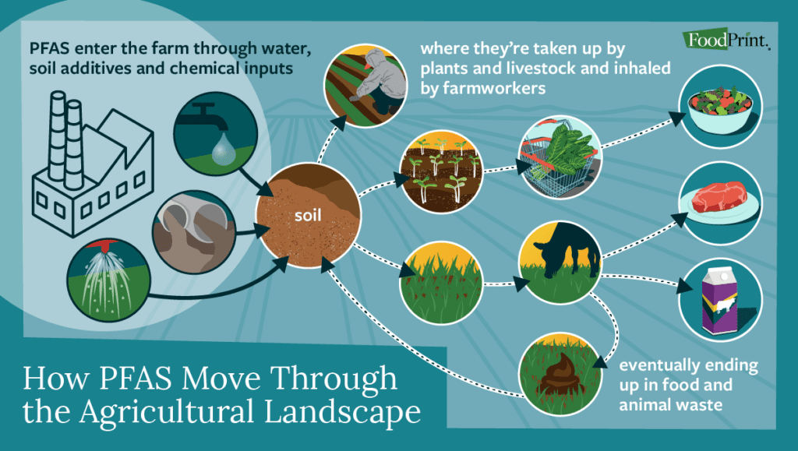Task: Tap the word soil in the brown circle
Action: point(308,212)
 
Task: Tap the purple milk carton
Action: point(714,301)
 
